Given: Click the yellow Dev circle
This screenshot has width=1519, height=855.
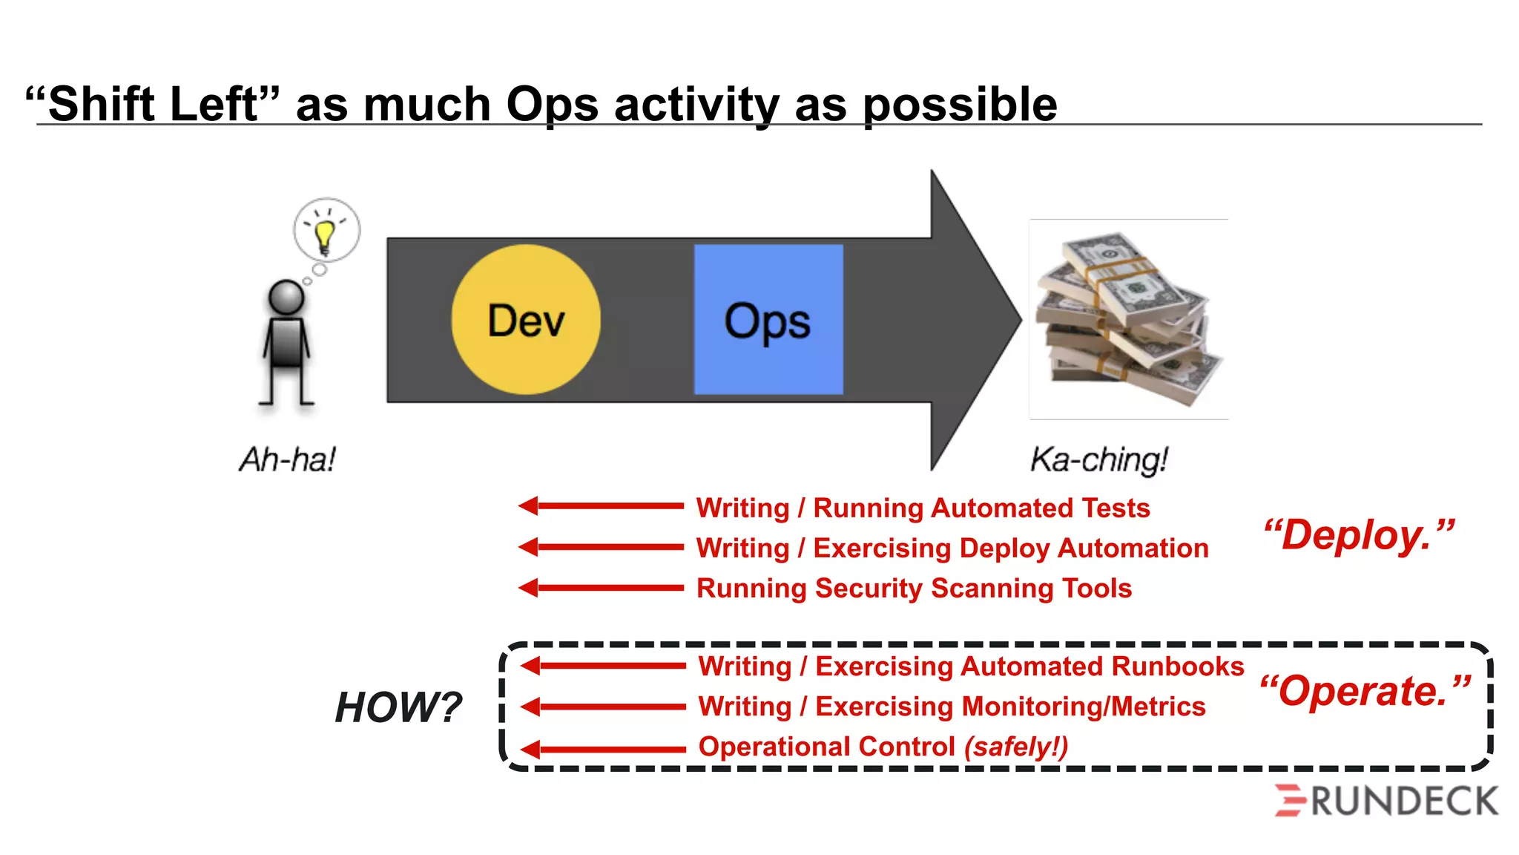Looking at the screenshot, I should (x=526, y=320).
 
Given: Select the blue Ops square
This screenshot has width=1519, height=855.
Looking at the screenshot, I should (x=768, y=320).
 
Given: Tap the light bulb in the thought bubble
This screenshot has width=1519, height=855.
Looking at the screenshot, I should (x=325, y=234).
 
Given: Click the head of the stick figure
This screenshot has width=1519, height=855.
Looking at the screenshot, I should (x=286, y=298).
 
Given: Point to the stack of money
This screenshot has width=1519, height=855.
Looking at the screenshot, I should (x=1127, y=319).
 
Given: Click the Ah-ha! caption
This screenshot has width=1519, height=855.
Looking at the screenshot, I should (x=288, y=459).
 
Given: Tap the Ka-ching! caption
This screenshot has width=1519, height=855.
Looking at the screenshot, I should (x=1099, y=459).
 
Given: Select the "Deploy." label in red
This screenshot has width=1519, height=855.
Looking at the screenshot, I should (x=1359, y=535).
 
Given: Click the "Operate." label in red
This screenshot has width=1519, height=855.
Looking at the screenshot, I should (x=1365, y=691).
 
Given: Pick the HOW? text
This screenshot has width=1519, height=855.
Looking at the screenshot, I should (x=398, y=707).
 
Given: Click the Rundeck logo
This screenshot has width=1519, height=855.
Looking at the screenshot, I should (x=1386, y=801).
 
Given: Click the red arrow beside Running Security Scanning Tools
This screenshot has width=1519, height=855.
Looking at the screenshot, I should (x=601, y=588).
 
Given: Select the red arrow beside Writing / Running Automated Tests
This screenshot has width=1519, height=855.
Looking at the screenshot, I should (x=601, y=506).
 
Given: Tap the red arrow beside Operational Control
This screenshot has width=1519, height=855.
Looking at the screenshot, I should (x=602, y=749).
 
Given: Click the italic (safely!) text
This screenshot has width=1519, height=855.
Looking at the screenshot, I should (x=1016, y=747).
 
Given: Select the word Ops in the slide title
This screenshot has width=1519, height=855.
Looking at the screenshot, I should (x=552, y=105).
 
